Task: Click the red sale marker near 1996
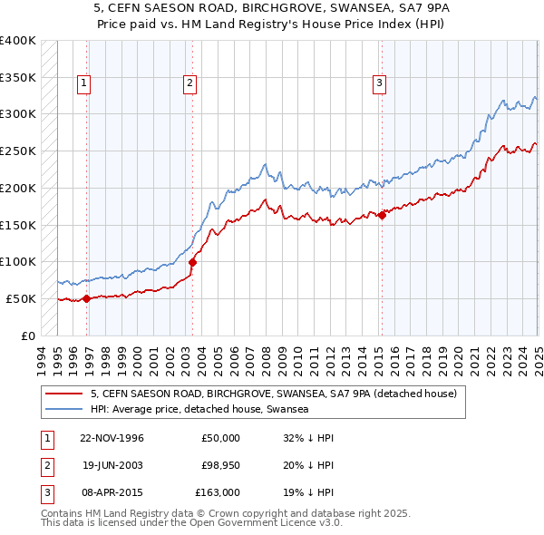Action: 86,298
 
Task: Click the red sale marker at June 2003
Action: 192,263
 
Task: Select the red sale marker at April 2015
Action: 382,215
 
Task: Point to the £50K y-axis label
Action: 21,298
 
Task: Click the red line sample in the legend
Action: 63,394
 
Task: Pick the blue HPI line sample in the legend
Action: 63,409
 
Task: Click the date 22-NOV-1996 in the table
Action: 112,438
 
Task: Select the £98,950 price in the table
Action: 219,465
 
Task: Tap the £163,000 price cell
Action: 218,492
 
